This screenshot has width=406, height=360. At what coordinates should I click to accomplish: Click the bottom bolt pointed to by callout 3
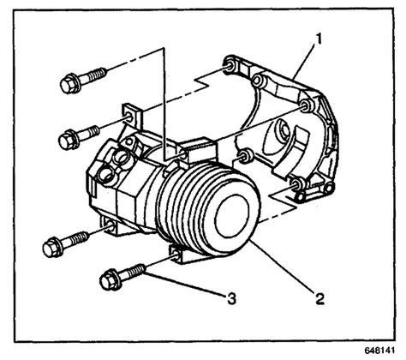pos(121,277)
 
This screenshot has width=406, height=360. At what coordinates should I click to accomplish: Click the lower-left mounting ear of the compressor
pos(109,224)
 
